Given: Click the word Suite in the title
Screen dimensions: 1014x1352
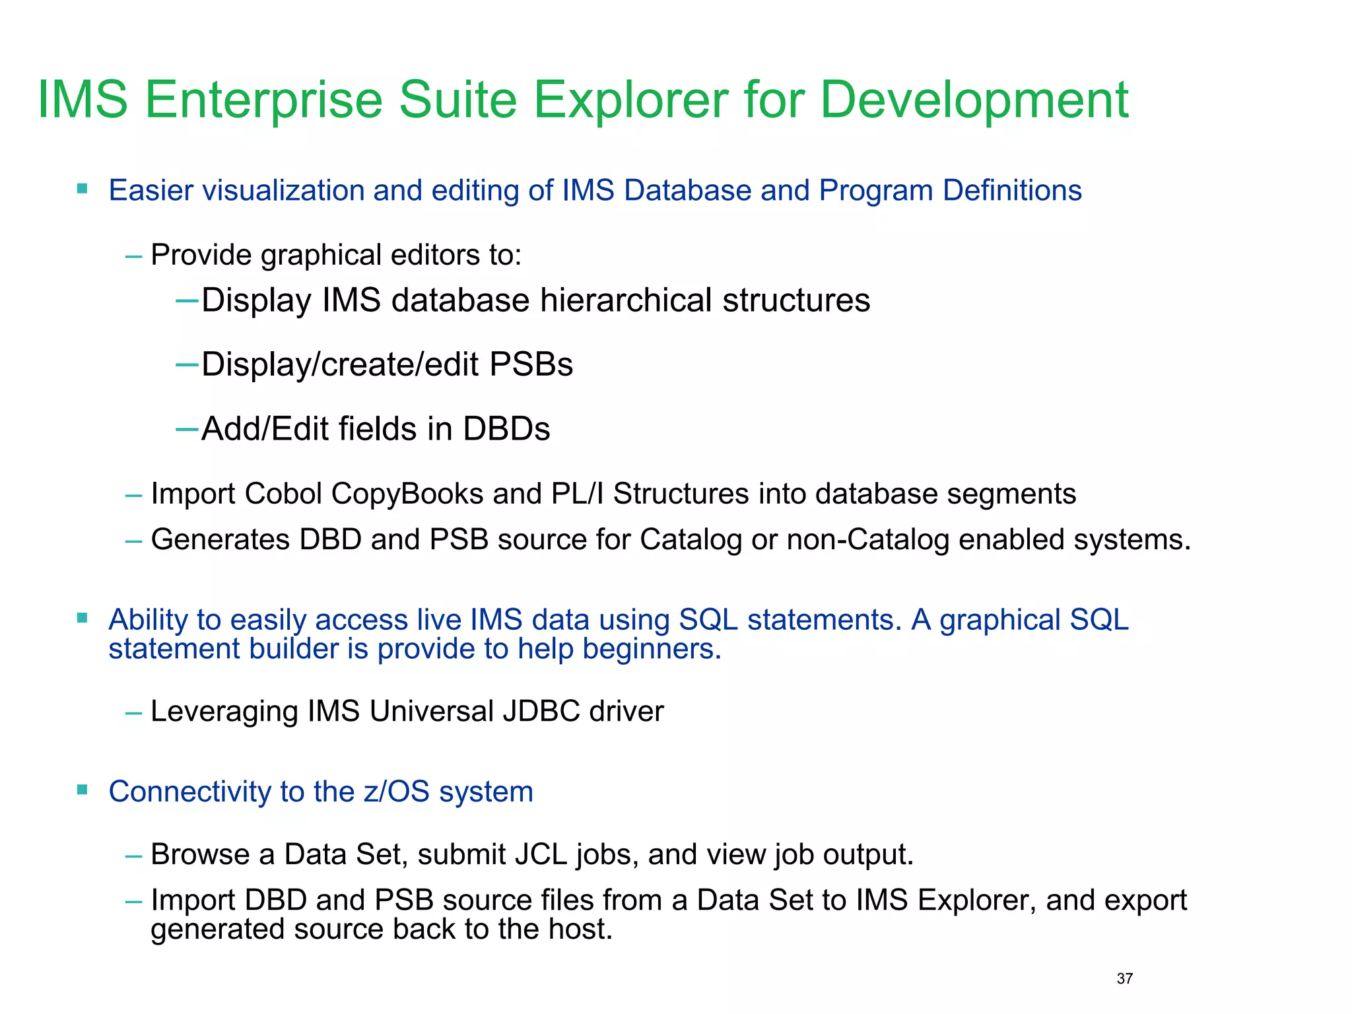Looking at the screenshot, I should [x=457, y=100].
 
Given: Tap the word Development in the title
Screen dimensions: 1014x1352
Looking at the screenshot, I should [x=974, y=100].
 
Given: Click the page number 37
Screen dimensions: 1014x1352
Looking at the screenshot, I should [x=1125, y=979].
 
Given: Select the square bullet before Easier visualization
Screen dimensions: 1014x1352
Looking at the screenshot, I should [x=83, y=189].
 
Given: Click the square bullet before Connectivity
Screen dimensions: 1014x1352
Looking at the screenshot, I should [x=83, y=790].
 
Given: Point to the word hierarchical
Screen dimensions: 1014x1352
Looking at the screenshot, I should [x=626, y=300].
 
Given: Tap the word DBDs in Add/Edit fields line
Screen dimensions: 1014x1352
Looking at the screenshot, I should [x=506, y=429].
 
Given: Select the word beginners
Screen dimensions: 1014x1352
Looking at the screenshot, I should [x=652, y=649].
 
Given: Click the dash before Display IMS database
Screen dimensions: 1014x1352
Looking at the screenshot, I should [x=187, y=300].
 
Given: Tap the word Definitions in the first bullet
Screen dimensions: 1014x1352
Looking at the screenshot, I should [x=1012, y=191].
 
